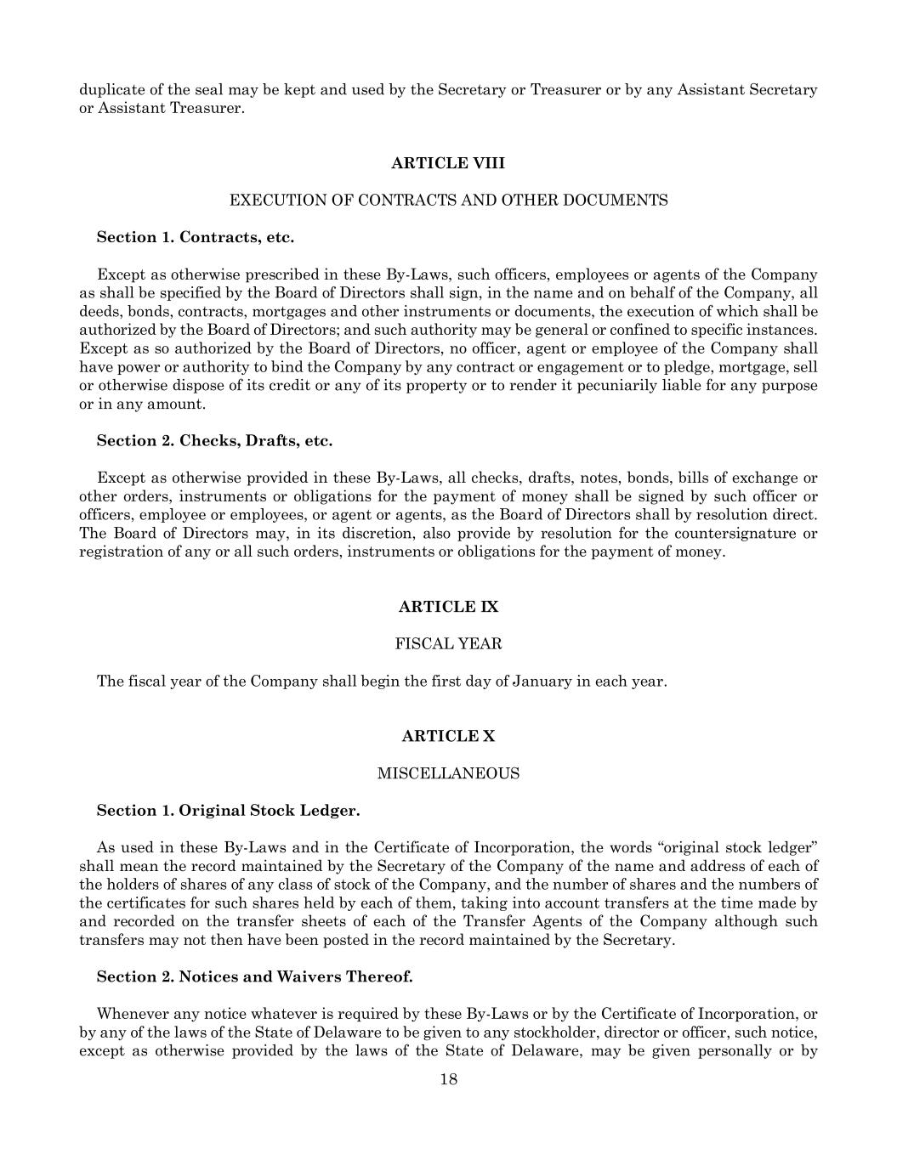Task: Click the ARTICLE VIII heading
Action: (x=448, y=163)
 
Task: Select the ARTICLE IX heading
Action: (x=448, y=607)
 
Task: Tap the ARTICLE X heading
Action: (x=448, y=736)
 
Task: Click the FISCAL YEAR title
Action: (x=448, y=644)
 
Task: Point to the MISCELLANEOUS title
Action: (x=448, y=773)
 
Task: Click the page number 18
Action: (x=449, y=1080)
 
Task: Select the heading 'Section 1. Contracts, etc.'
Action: (x=196, y=237)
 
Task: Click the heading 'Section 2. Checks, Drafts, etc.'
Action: (x=214, y=440)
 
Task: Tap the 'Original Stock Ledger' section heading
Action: (x=228, y=811)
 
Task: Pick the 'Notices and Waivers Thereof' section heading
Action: (x=254, y=976)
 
